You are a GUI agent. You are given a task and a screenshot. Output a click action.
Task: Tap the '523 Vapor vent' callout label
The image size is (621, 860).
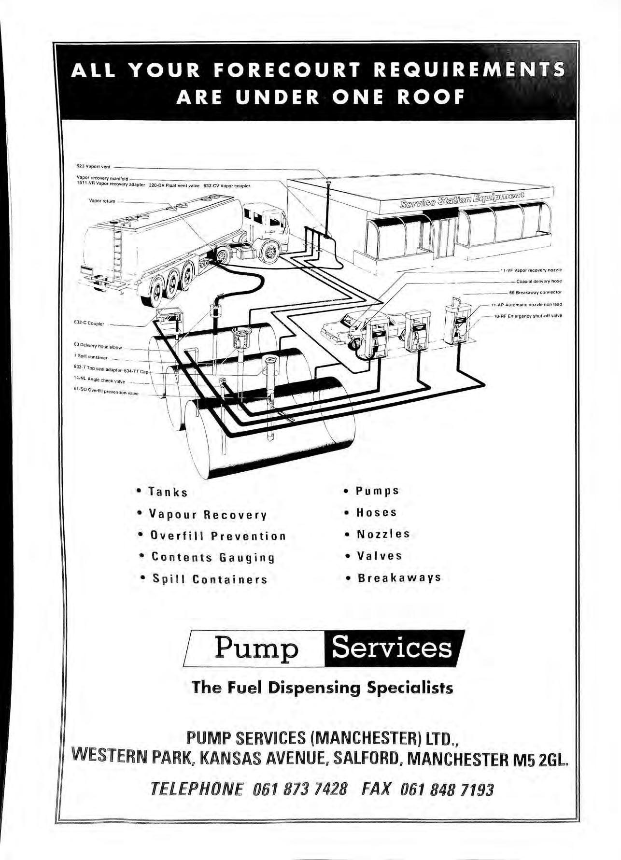tap(94, 167)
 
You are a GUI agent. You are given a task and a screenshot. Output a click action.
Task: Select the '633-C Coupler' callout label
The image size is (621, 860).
tap(90, 324)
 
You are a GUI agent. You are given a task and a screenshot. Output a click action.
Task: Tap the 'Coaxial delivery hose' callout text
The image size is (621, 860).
tap(539, 281)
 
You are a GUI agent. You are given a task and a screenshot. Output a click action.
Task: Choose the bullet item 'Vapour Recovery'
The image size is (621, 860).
tap(208, 514)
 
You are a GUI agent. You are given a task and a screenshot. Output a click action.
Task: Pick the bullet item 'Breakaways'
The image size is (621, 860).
tap(399, 578)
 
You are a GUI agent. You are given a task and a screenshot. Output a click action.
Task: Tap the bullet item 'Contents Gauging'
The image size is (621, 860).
tap(213, 557)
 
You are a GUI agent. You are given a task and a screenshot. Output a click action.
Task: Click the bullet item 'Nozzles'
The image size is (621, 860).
tap(383, 534)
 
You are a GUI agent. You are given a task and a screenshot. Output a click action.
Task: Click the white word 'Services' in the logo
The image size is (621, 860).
tap(392, 648)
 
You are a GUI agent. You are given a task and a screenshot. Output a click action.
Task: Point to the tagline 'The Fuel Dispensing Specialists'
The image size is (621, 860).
tap(322, 687)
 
